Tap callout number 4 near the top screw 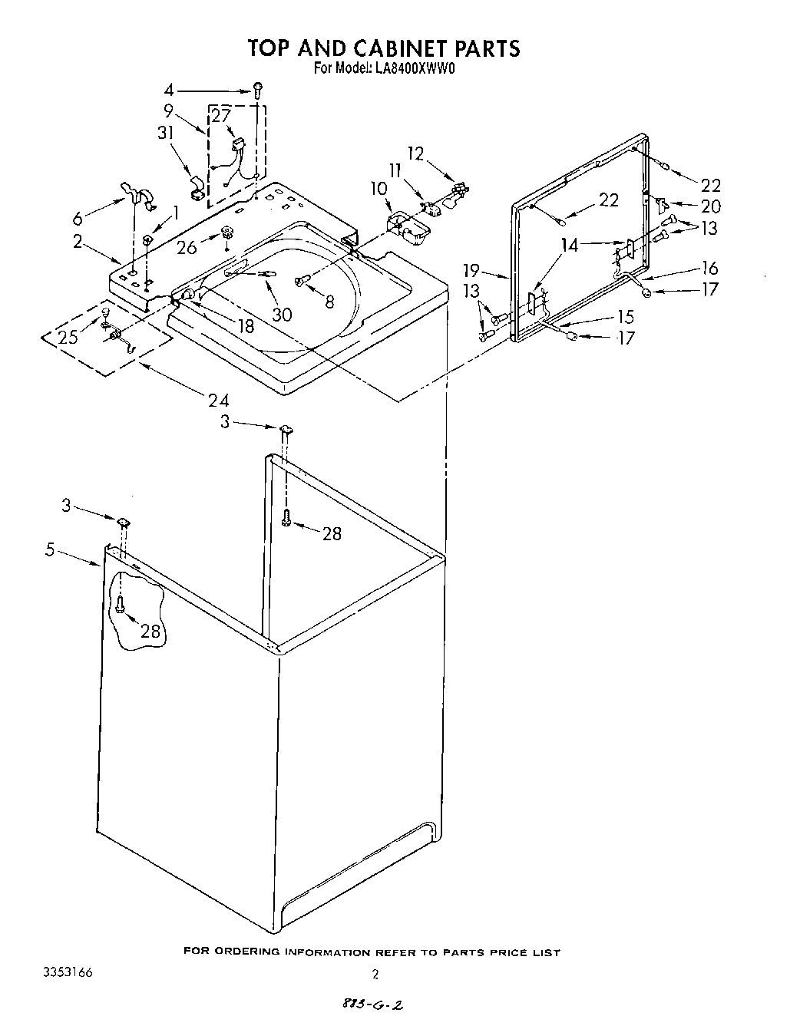(169, 89)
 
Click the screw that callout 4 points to (260, 89)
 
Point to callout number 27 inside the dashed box (221, 117)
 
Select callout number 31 (165, 132)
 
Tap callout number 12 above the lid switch (415, 153)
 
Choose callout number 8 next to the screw (329, 302)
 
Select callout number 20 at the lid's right (710, 206)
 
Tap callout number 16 (709, 267)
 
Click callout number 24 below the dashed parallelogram (218, 399)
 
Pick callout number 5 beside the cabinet (51, 549)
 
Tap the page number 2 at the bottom (375, 975)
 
